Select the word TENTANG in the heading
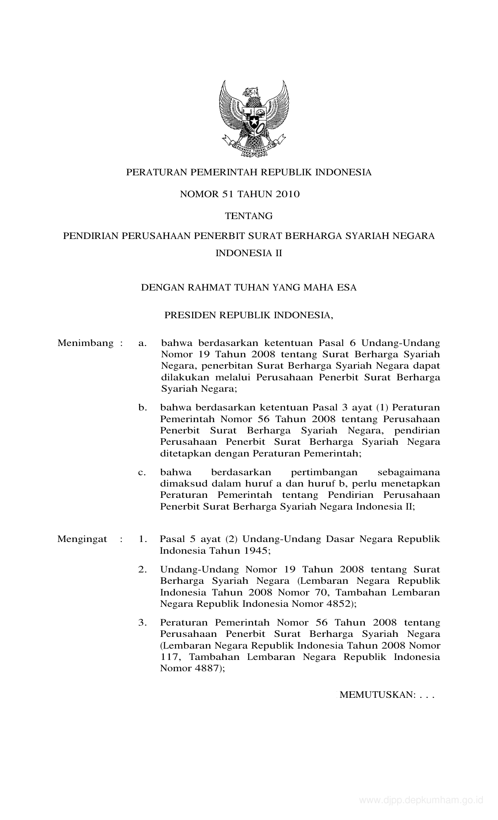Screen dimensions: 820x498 (249, 216)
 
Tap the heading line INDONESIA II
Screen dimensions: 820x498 (249, 253)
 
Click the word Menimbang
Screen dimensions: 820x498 (86, 343)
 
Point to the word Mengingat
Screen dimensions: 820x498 (82, 539)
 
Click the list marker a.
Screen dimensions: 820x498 (142, 344)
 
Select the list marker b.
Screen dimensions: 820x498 (142, 408)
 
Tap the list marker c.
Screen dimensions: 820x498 (142, 472)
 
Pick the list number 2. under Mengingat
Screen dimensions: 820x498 (143, 570)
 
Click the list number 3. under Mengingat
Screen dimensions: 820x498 (143, 622)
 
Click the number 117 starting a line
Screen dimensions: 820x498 (170, 657)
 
